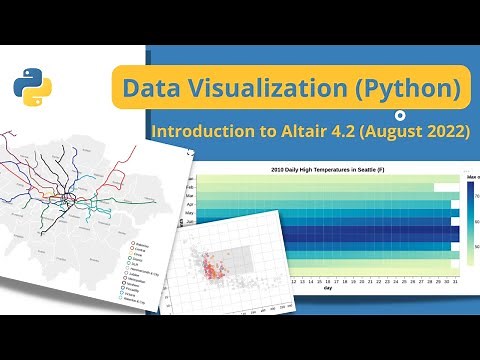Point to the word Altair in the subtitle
(x=314, y=131)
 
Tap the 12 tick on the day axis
(x=294, y=283)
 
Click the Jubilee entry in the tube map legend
(x=135, y=275)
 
